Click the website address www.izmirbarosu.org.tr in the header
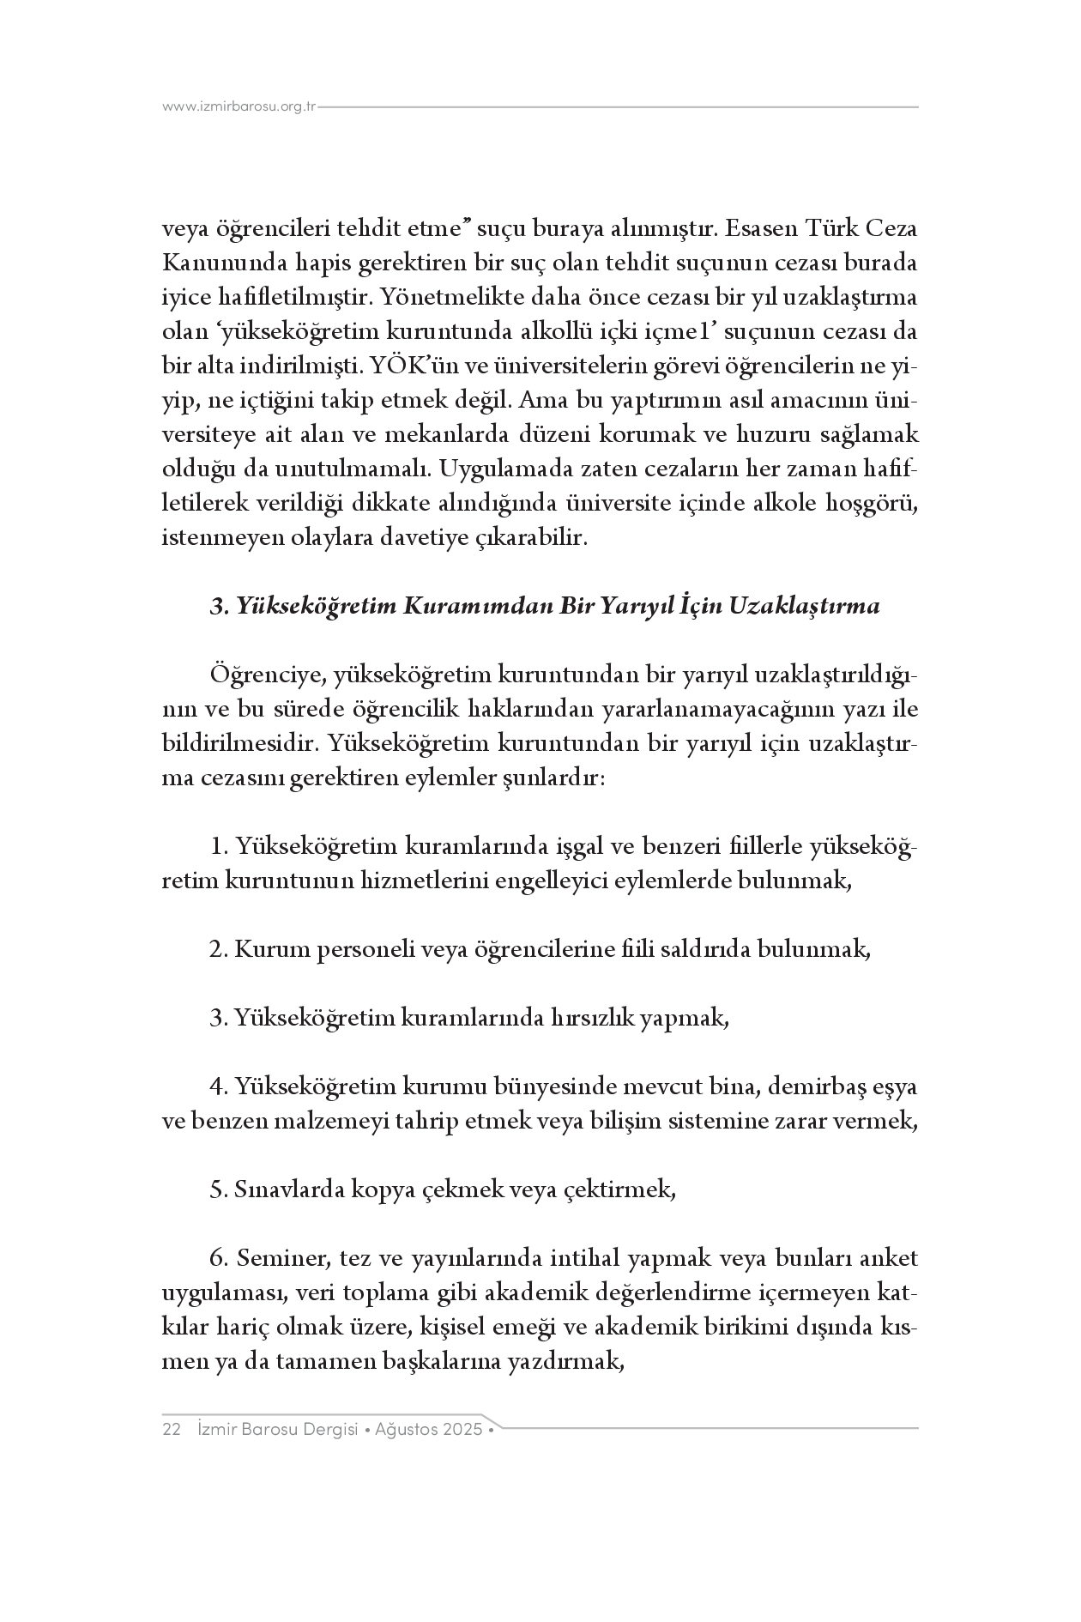[x=239, y=107]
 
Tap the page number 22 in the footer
[x=171, y=1430]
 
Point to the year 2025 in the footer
[x=462, y=1430]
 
